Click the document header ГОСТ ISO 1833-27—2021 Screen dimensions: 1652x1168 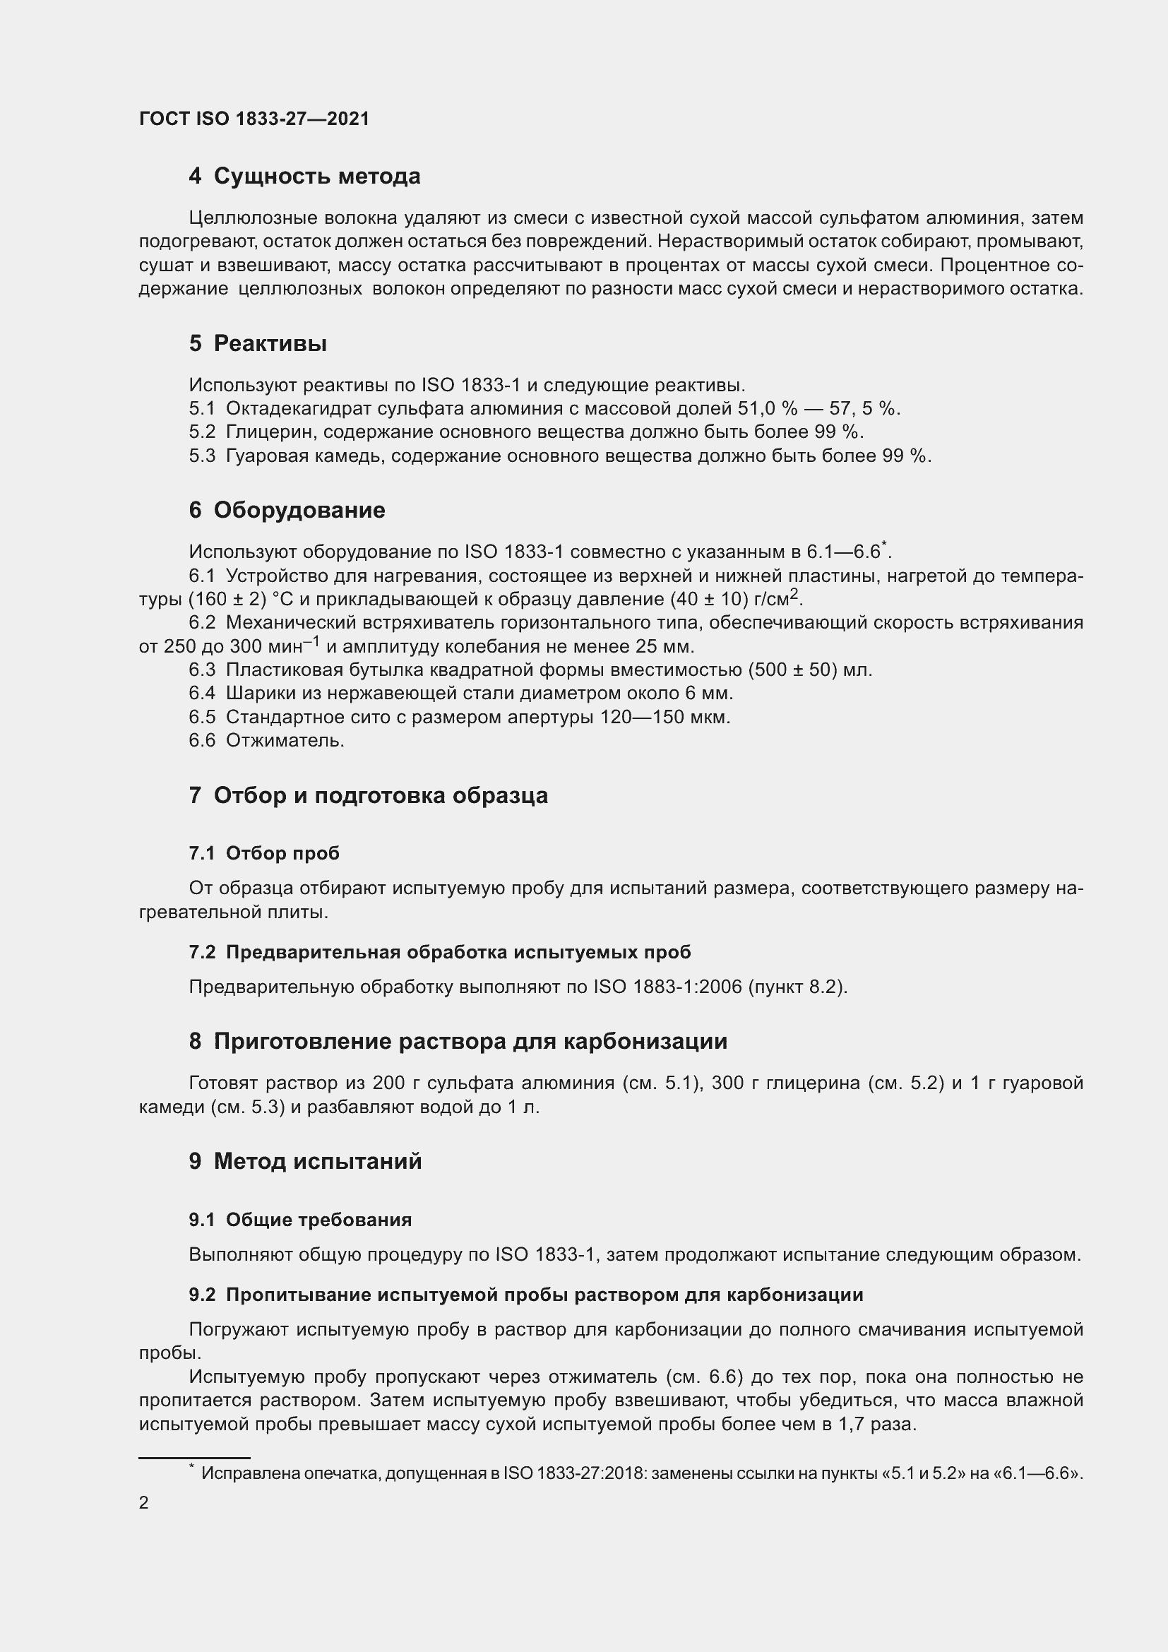pyautogui.click(x=254, y=119)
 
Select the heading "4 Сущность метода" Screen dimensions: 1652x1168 pyautogui.click(x=304, y=177)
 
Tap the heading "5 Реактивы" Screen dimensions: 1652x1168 pyautogui.click(x=258, y=344)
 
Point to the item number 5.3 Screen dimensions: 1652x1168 pyautogui.click(x=202, y=456)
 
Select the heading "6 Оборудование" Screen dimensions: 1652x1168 pyautogui.click(x=287, y=510)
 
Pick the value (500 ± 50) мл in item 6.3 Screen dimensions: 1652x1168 pyautogui.click(x=810, y=670)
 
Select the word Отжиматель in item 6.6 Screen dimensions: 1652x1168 pyautogui.click(x=285, y=740)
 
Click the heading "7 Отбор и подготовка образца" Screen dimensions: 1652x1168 pyautogui.click(x=368, y=796)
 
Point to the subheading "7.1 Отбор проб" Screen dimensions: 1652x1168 pyautogui.click(x=264, y=853)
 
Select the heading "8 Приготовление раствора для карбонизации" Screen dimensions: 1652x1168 pyautogui.click(x=458, y=1041)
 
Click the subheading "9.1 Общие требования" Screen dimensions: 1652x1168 pyautogui.click(x=300, y=1220)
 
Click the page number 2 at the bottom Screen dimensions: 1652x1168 pyautogui.click(x=144, y=1503)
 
